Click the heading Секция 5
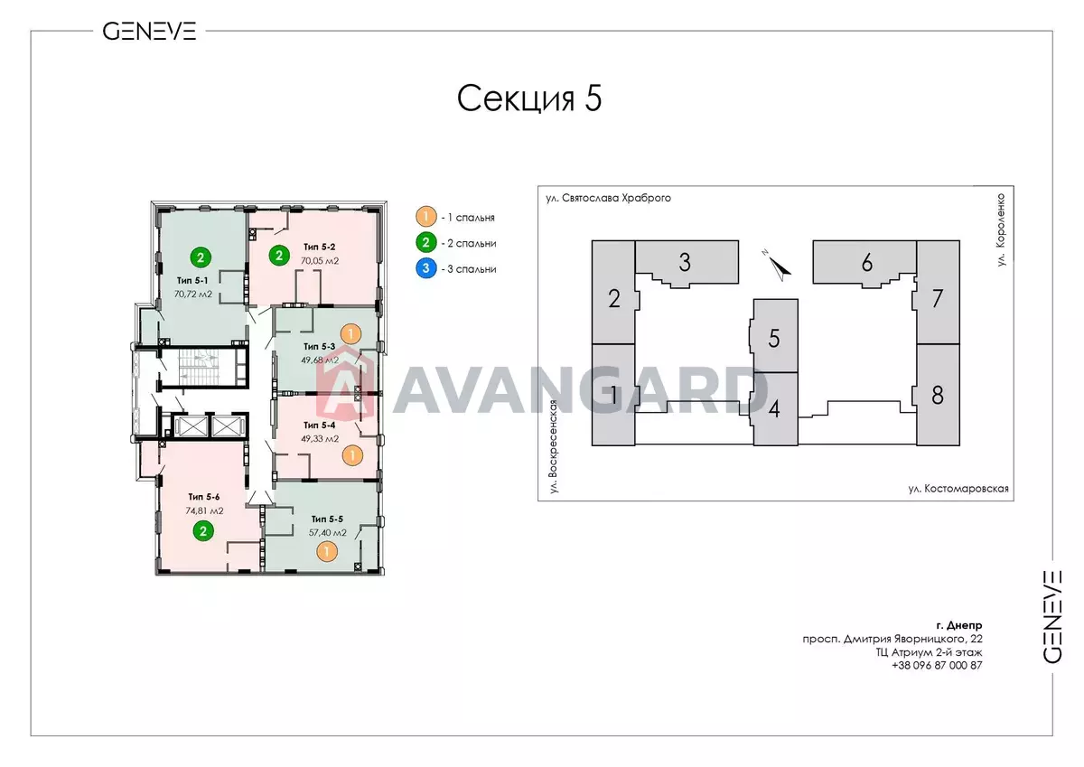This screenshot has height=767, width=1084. pyautogui.click(x=529, y=98)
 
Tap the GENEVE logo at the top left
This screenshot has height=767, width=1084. pyautogui.click(x=150, y=32)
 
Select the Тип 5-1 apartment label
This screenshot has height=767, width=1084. pyautogui.click(x=192, y=281)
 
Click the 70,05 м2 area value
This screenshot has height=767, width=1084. pyautogui.click(x=320, y=261)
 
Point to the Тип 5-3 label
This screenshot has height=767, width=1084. pyautogui.click(x=320, y=347)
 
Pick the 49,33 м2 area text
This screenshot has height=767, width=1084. pyautogui.click(x=320, y=439)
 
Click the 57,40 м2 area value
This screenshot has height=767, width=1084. pyautogui.click(x=328, y=533)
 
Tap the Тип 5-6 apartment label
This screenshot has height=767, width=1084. pyautogui.click(x=204, y=497)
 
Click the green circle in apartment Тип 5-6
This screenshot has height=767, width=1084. pyautogui.click(x=203, y=531)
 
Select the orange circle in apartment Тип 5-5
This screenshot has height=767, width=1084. pyautogui.click(x=327, y=552)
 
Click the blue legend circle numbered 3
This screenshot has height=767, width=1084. pyautogui.click(x=425, y=268)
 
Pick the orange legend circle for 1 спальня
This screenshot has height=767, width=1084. pyautogui.click(x=425, y=217)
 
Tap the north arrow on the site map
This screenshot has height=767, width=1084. pyautogui.click(x=778, y=267)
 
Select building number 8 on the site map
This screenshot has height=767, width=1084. pyautogui.click(x=938, y=395)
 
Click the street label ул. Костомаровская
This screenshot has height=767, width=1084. pyautogui.click(x=958, y=489)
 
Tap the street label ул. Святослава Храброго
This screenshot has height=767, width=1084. pyautogui.click(x=608, y=198)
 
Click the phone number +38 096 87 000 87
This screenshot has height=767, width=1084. pyautogui.click(x=937, y=666)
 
